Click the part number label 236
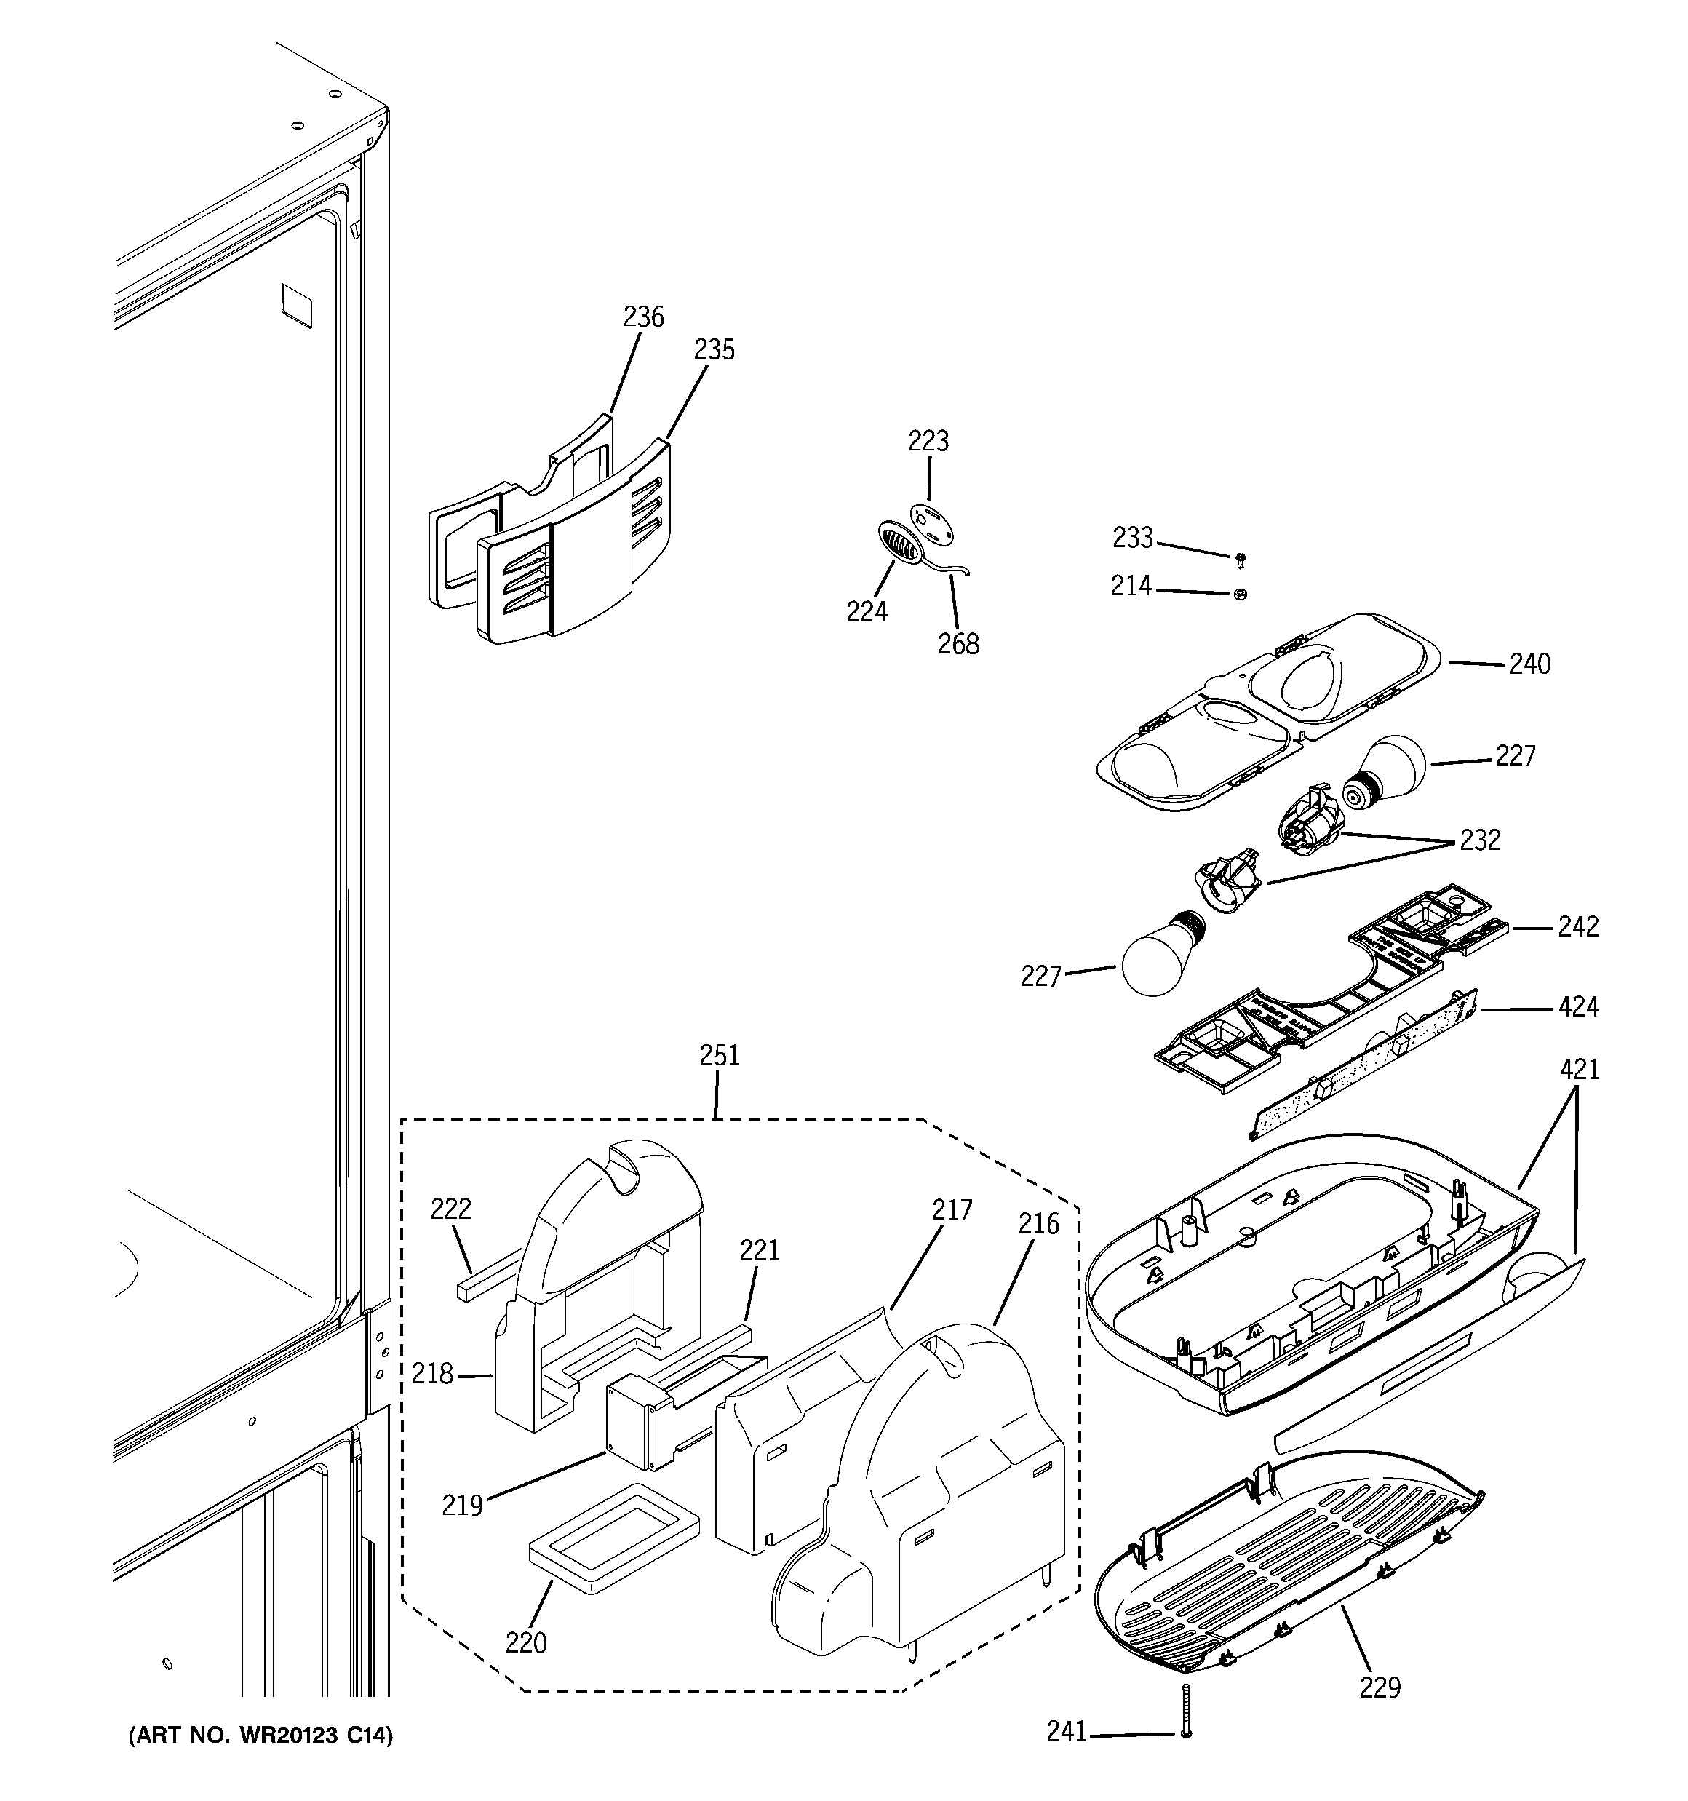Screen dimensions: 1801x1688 coord(643,317)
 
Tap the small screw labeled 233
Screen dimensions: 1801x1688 coord(1241,560)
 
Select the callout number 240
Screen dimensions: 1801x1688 coord(1529,664)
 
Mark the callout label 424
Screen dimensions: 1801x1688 coord(1578,1006)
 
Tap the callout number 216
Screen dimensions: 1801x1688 coord(1038,1225)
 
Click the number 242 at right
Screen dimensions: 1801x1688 coord(1578,927)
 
